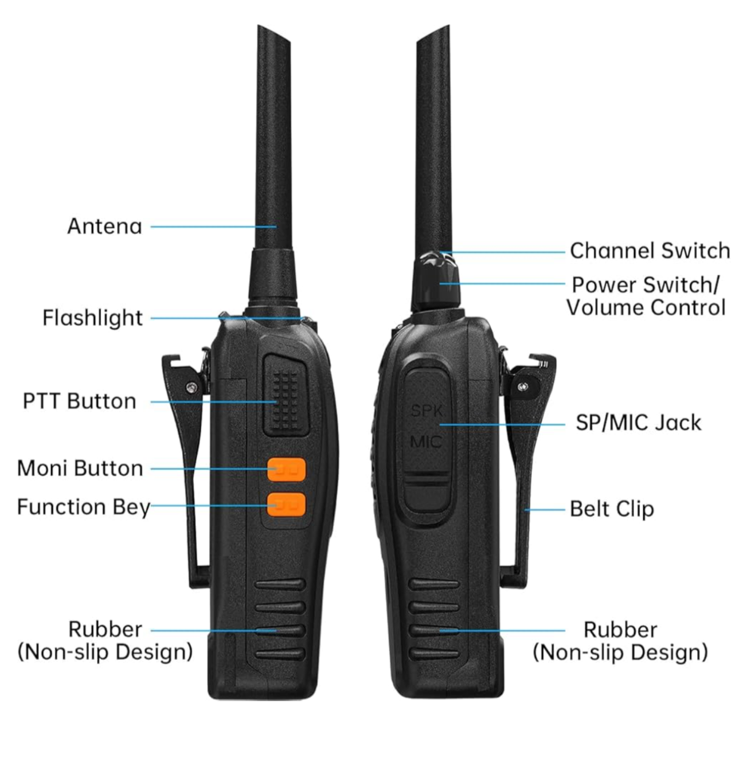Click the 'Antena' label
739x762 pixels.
pyautogui.click(x=104, y=226)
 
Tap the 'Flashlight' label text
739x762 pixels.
pyautogui.click(x=92, y=318)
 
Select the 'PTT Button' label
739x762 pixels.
pyautogui.click(x=80, y=401)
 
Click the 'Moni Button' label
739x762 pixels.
pyautogui.click(x=80, y=468)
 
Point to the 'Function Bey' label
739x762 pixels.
pyautogui.click(x=84, y=507)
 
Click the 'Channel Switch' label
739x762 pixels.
pyautogui.click(x=650, y=251)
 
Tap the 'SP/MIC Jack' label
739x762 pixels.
pyautogui.click(x=638, y=423)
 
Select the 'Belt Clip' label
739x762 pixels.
pyautogui.click(x=612, y=509)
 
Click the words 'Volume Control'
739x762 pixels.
pyautogui.click(x=646, y=307)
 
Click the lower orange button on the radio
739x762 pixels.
pyautogui.click(x=286, y=505)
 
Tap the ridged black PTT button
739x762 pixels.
pyautogui.click(x=285, y=394)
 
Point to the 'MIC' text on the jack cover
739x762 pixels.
pyautogui.click(x=426, y=442)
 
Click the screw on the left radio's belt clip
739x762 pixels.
pyautogui.click(x=191, y=388)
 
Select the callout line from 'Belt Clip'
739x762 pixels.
pyautogui.click(x=545, y=510)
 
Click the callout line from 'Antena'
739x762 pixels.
pyautogui.click(x=213, y=226)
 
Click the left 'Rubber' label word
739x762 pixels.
pyautogui.click(x=105, y=630)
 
